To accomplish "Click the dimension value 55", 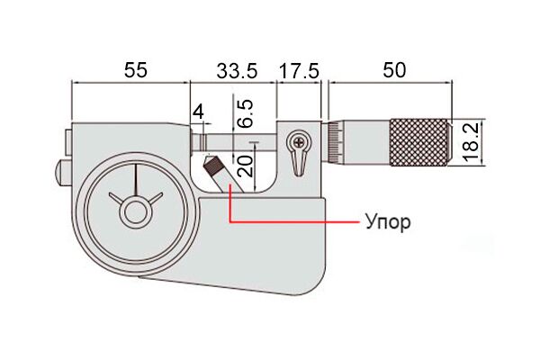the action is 136,70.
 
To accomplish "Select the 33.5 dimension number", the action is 237,71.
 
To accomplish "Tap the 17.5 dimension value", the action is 299,71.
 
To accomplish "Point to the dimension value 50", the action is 394,70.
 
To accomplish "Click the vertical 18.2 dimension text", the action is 471,142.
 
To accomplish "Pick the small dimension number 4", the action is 198,112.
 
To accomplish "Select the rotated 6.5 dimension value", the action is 247,114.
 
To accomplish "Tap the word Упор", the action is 388,222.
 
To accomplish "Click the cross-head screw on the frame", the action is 299,141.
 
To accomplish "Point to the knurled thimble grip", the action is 419,142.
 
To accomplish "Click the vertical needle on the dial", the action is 136,180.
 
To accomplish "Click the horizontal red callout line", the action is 293,222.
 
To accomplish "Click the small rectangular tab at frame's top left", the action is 68,142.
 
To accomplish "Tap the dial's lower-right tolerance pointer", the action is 155,199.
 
